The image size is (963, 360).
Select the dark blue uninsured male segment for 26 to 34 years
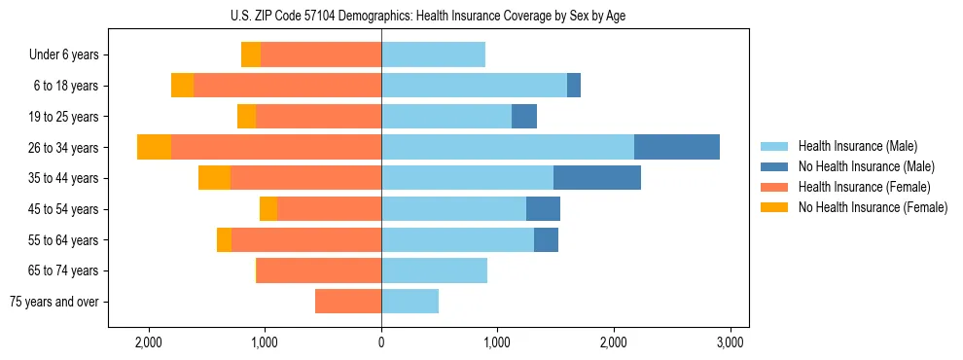coord(677,147)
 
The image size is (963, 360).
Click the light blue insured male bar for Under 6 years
coord(433,54)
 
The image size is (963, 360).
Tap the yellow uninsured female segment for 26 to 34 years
coord(154,147)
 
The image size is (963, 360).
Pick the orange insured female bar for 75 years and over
coord(348,302)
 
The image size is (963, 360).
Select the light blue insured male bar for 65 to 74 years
coord(434,270)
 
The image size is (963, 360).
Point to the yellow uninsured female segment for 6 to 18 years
coord(182,86)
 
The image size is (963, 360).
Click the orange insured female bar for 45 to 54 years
coord(329,209)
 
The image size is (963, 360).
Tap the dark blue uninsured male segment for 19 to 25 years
coord(524,117)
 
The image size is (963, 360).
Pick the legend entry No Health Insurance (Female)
coord(873,207)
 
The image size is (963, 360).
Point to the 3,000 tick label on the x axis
coord(731,342)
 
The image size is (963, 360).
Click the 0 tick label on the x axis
coord(381,342)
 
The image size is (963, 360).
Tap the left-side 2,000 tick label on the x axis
coord(149,342)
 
